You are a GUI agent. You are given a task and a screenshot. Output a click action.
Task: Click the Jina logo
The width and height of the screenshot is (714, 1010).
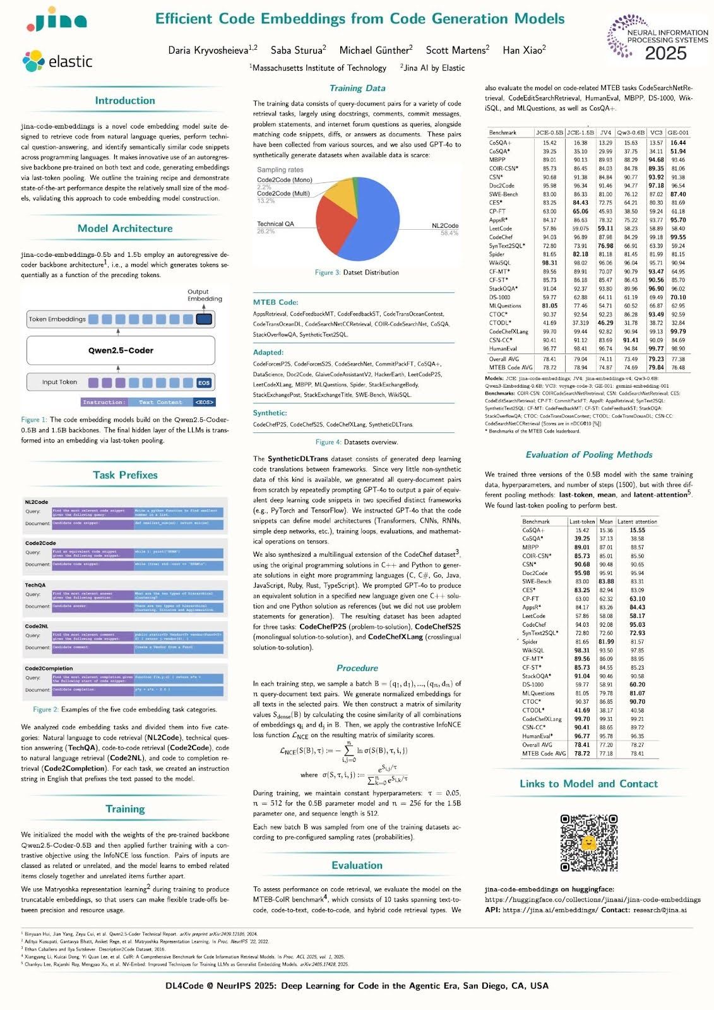[57, 21]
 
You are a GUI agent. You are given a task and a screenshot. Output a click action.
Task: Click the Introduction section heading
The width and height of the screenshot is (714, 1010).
[125, 100]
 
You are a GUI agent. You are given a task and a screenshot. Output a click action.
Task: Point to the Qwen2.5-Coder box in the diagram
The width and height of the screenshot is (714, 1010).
[121, 350]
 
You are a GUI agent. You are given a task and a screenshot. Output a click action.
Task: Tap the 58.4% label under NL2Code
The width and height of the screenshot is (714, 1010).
[449, 233]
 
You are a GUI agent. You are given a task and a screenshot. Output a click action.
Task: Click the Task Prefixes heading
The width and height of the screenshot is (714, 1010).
[125, 475]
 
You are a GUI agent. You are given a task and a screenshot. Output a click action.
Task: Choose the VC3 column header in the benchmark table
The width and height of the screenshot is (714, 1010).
[656, 133]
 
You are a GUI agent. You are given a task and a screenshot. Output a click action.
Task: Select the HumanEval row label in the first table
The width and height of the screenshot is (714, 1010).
[504, 348]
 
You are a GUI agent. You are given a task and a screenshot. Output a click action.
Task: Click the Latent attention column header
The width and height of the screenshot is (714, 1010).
[637, 521]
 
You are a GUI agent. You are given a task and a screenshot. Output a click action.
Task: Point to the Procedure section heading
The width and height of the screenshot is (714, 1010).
[357, 668]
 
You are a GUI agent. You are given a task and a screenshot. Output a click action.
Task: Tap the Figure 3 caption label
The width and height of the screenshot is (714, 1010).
[328, 273]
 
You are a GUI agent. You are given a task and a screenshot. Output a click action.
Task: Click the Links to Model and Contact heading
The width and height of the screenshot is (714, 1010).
[588, 783]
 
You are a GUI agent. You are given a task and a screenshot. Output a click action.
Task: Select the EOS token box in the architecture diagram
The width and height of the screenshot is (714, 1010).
[204, 383]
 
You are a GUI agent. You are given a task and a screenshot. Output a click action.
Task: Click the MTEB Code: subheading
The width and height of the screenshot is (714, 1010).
[275, 302]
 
